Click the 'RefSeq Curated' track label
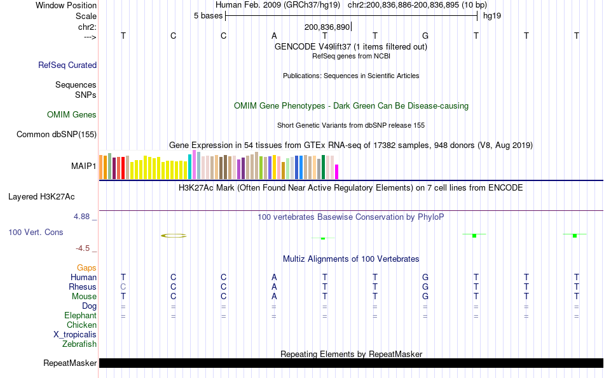[67, 65]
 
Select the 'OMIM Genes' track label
[72, 115]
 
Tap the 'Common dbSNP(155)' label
[57, 134]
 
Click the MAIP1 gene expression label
[84, 166]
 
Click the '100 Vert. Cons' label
[36, 232]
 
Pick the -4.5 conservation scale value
[85, 248]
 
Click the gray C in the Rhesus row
[123, 287]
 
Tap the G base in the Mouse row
[425, 296]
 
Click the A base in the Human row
[274, 277]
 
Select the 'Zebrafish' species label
[79, 344]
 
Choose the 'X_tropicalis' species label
[75, 334]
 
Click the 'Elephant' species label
[80, 315]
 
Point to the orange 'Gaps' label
[86, 267]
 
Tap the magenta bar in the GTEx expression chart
[337, 172]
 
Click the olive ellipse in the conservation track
[174, 236]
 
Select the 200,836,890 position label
[327, 27]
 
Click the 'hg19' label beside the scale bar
[492, 15]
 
